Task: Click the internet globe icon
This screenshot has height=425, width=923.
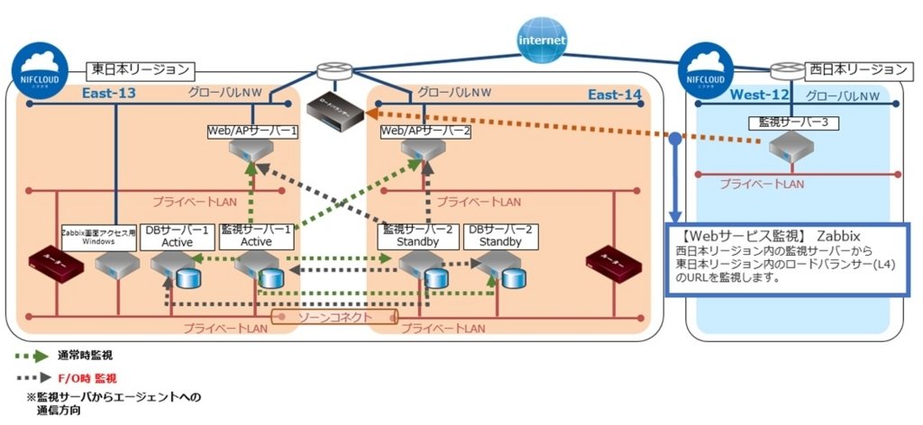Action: click(x=542, y=40)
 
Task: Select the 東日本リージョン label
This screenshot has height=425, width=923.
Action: click(x=141, y=68)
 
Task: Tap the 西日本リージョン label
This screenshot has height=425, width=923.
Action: click(x=856, y=69)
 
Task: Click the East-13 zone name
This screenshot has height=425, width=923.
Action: click(x=108, y=95)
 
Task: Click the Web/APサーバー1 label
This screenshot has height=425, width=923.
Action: click(x=252, y=131)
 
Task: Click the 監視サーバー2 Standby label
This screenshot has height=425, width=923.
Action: click(x=415, y=236)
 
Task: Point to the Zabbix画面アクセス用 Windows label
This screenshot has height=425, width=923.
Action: click(x=98, y=236)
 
